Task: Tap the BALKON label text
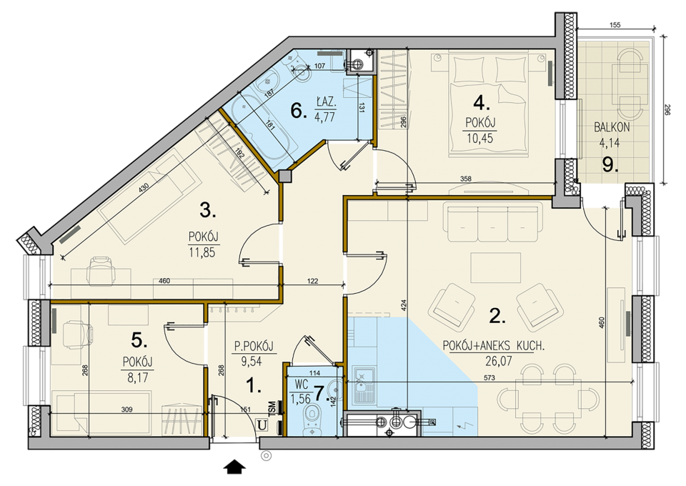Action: click(612, 128)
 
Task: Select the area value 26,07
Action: click(498, 360)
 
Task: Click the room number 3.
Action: click(208, 211)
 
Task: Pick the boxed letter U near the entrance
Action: click(262, 425)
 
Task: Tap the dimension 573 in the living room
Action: click(489, 377)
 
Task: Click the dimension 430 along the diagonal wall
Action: click(144, 188)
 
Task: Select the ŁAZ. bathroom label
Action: click(326, 103)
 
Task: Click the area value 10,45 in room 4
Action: click(479, 138)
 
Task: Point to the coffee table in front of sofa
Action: click(496, 267)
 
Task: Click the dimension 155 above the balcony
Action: click(615, 25)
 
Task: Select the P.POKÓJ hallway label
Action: click(254, 347)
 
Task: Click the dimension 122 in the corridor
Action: click(312, 282)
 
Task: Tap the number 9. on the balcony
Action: click(610, 164)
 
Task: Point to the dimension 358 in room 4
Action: click(465, 179)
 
